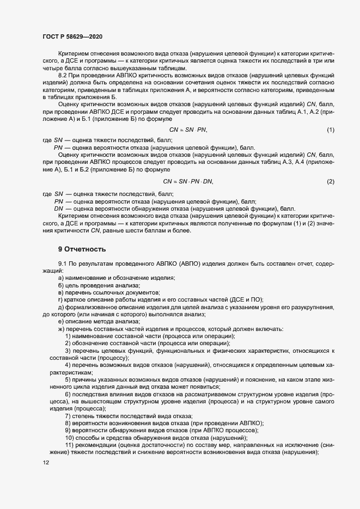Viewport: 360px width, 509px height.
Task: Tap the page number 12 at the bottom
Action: point(46,463)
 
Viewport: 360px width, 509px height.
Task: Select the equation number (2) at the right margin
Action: point(330,181)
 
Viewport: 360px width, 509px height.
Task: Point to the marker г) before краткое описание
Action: point(60,300)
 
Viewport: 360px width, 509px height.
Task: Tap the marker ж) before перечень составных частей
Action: point(62,329)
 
